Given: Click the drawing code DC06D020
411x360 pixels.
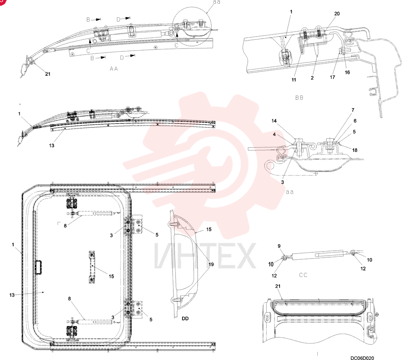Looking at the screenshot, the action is [362, 358].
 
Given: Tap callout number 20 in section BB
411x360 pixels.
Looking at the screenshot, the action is [337, 14].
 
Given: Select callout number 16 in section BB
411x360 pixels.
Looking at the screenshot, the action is [347, 72].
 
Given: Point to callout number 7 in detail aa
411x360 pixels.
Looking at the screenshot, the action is [353, 110].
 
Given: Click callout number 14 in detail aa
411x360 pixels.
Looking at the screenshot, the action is [274, 121].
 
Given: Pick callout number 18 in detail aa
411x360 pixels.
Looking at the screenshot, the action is [355, 150].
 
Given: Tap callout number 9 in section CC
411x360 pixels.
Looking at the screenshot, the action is [279, 246].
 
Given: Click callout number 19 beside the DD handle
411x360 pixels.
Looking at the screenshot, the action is [211, 264].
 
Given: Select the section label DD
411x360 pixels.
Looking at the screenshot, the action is [185, 318].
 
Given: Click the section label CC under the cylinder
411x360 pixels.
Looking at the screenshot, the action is [303, 275].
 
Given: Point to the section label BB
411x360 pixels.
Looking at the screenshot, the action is [299, 98].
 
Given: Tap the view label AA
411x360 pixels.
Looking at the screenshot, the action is [114, 69].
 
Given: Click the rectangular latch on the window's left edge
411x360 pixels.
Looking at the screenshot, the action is [39, 267].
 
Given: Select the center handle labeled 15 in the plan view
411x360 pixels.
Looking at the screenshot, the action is [92, 267].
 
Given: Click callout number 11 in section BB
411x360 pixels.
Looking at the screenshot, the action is [294, 80].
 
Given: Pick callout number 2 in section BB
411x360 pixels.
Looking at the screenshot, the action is [312, 78].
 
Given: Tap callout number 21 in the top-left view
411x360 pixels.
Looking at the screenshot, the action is [47, 74].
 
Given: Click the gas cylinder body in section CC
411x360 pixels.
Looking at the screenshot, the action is [317, 255].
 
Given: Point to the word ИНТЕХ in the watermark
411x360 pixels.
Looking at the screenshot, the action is [205, 255].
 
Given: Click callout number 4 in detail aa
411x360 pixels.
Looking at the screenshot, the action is [274, 134].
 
